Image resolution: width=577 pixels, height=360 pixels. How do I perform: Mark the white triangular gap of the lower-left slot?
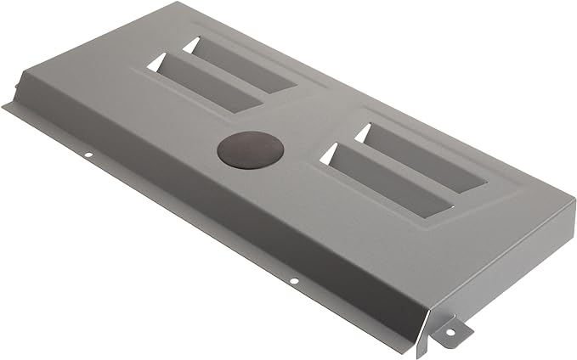157,62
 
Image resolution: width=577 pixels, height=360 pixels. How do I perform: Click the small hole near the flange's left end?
88,155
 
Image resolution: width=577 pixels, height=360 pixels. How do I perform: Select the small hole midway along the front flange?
293,280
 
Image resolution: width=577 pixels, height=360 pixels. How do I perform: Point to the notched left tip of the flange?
7,105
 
